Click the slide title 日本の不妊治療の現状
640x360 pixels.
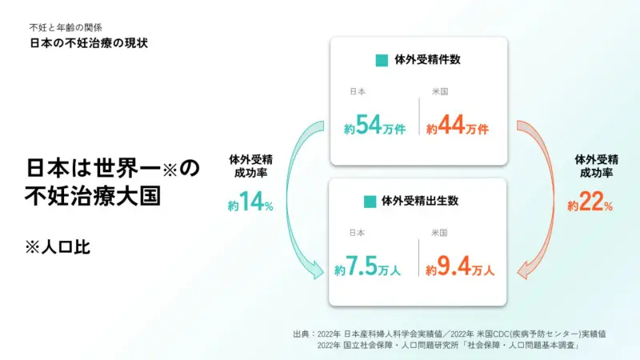point(89,43)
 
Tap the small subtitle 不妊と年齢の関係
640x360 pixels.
point(66,28)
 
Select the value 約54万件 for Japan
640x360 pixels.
point(374,125)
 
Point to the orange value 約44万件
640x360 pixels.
point(457,125)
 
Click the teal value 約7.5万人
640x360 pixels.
point(367,266)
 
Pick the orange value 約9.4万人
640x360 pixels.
point(459,266)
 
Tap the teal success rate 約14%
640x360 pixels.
point(250,202)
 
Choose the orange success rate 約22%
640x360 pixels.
point(590,202)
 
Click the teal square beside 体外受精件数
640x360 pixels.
point(382,61)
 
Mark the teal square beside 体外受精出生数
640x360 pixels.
point(370,202)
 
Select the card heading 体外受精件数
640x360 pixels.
point(427,60)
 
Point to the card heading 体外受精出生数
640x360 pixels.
point(420,201)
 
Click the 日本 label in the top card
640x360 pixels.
point(358,92)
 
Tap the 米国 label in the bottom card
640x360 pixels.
point(439,233)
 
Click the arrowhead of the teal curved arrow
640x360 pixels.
point(317,271)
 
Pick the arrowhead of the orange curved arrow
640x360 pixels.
point(524,271)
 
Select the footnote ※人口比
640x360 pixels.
point(58,247)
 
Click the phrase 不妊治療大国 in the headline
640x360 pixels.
point(93,196)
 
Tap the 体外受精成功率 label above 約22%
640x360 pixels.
point(596,166)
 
